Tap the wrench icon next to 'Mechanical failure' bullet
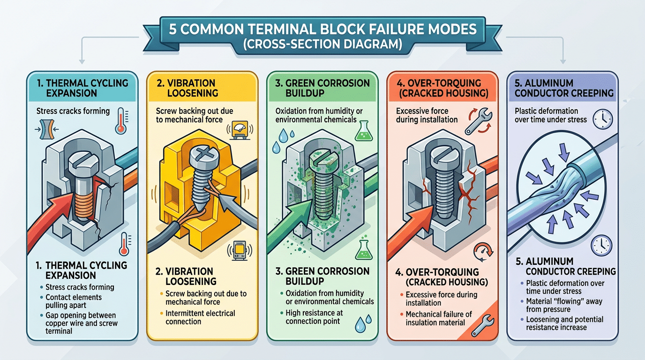(x=482, y=325)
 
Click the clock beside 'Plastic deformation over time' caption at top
(x=603, y=120)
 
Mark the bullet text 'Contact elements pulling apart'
(x=74, y=301)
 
